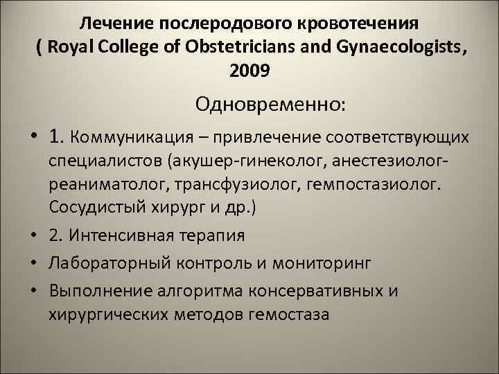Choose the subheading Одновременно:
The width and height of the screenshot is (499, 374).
tap(272, 105)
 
